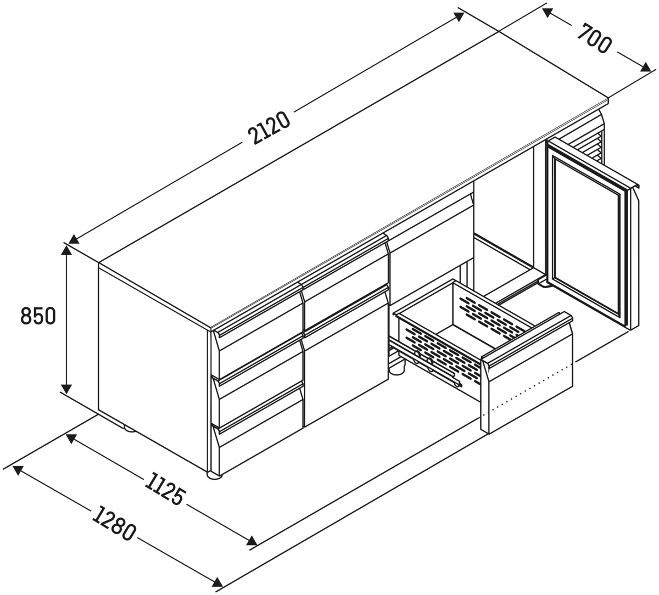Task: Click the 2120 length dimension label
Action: pos(270,128)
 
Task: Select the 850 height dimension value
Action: pos(38,316)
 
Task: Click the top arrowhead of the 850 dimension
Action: pos(66,250)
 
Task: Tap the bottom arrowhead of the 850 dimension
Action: pos(66,389)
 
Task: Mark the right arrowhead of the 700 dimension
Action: pos(645,67)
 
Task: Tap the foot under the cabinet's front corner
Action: pos(215,474)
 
